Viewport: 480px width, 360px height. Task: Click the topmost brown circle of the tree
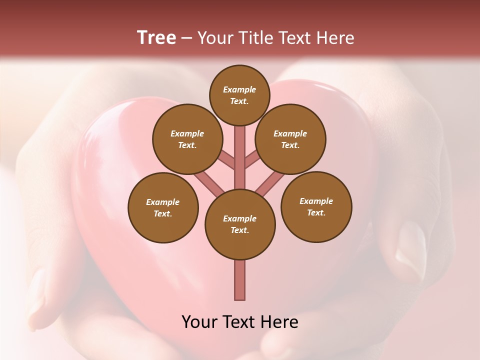tap(239, 95)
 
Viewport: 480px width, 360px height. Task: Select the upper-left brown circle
tap(187, 139)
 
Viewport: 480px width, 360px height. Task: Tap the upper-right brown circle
tap(290, 139)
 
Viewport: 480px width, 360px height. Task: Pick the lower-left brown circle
tap(163, 207)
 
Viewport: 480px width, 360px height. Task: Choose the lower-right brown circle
tap(316, 206)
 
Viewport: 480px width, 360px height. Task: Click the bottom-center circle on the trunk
tap(240, 224)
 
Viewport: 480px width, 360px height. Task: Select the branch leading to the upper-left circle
tap(226, 160)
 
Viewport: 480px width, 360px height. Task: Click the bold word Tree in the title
tap(156, 37)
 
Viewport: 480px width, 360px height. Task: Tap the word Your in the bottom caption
tap(200, 322)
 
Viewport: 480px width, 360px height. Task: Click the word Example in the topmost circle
tap(239, 90)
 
